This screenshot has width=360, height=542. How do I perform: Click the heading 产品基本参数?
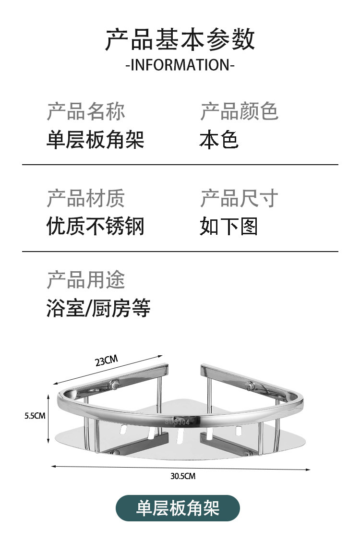180,40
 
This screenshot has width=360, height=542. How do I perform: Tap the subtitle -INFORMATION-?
180,65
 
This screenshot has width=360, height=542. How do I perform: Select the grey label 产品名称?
86,111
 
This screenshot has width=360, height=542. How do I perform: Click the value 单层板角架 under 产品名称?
96,140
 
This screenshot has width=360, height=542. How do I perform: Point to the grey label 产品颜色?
239,111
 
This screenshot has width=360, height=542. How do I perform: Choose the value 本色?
219,140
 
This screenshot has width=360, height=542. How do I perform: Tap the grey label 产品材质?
86,198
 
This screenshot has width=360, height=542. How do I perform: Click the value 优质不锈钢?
96,226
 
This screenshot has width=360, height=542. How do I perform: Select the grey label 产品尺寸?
239,198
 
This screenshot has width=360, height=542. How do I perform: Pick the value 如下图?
229,226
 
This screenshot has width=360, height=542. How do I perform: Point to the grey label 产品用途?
86,280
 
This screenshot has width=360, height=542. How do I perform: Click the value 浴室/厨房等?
98,308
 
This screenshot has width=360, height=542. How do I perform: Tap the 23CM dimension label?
106,361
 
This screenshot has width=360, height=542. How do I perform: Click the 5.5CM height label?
35,416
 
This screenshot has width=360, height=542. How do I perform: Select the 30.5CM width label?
183,476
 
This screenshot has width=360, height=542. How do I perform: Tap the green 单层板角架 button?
178,508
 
